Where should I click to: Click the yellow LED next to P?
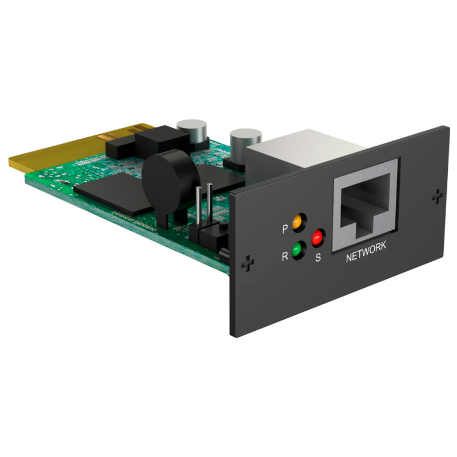pos(297,222)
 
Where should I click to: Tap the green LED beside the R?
pos(297,250)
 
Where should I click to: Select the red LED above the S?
pos(317,236)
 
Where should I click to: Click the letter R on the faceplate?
pos(284,256)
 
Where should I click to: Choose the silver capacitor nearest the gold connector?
pos(191,132)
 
